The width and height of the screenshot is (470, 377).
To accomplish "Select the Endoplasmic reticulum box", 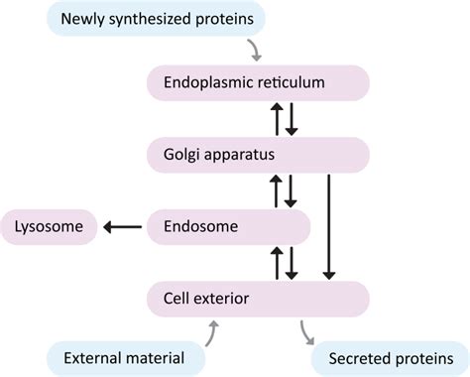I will pyautogui.click(x=258, y=82).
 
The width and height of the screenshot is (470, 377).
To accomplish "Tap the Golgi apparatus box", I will pyautogui.click(x=258, y=155).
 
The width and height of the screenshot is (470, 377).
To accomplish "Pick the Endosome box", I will pyautogui.click(x=228, y=226).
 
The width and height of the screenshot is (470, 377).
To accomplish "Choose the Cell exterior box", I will pyautogui.click(x=258, y=298).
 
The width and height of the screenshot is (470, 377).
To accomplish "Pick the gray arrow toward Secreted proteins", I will pyautogui.click(x=309, y=332).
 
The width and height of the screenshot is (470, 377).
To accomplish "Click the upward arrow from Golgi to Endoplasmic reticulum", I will pyautogui.click(x=278, y=118).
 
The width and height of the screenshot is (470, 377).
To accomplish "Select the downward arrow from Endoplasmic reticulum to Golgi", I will pyautogui.click(x=292, y=118).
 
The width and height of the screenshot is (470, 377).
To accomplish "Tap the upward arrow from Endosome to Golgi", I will pyautogui.click(x=278, y=189).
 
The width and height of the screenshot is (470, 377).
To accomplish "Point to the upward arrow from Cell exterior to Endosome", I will pyautogui.click(x=278, y=262).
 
